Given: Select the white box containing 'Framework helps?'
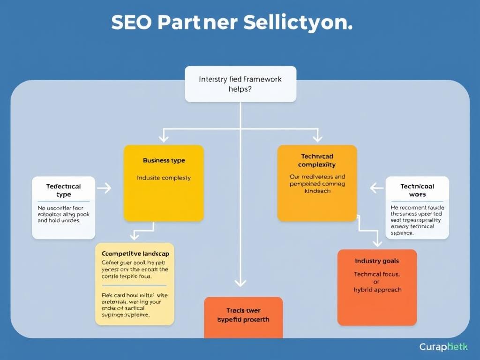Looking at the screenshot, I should pyautogui.click(x=240, y=84).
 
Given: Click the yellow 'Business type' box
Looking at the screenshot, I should pyautogui.click(x=164, y=183).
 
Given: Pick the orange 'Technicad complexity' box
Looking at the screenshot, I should pyautogui.click(x=317, y=183).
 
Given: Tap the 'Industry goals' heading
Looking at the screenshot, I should pyautogui.click(x=377, y=261).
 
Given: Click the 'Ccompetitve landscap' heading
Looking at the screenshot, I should pyautogui.click(x=135, y=253).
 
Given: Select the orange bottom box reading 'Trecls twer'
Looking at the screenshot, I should pyautogui.click(x=243, y=317).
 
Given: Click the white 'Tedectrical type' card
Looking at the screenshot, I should pyautogui.click(x=63, y=208).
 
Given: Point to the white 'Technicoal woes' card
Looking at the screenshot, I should pyautogui.click(x=417, y=208).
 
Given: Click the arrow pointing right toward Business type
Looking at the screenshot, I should pyautogui.click(x=105, y=188).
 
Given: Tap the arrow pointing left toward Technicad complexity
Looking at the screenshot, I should pyautogui.click(x=376, y=188).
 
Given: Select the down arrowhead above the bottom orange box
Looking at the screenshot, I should pyautogui.click(x=240, y=282).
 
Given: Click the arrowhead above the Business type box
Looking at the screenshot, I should pyautogui.click(x=163, y=138).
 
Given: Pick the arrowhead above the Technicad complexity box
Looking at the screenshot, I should pyautogui.click(x=317, y=138).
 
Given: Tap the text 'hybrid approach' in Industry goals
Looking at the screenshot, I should pyautogui.click(x=377, y=290).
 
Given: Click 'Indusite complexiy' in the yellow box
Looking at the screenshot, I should pyautogui.click(x=164, y=178).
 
